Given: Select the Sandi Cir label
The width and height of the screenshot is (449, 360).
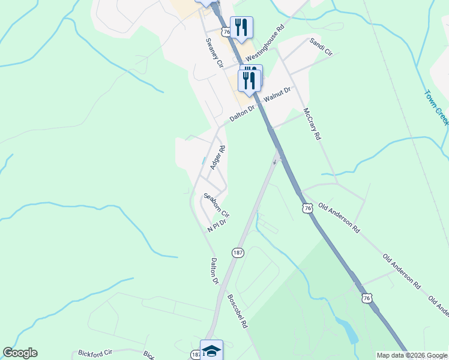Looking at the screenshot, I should point(321,46).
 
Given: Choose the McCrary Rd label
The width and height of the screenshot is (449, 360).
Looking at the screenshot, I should point(312,124).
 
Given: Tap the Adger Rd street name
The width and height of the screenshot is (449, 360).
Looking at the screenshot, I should point(217,157).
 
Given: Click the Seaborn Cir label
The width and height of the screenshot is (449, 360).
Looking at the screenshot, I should point(216,205).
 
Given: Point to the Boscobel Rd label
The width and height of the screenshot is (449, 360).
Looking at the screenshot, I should point(237,310).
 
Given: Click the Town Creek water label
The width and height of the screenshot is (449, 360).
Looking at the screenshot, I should point(436,107).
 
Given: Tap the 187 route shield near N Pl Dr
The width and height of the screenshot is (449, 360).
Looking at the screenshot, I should point(238,253).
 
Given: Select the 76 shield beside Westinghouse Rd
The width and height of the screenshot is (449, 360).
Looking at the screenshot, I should point(226,31).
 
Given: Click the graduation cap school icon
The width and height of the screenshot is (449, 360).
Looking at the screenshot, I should point(211,350).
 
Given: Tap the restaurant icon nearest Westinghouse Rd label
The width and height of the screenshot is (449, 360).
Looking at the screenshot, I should point(241,27).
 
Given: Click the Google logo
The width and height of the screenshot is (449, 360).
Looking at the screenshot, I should point(20,353).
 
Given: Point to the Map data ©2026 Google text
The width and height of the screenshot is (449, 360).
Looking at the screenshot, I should point(412,355).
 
